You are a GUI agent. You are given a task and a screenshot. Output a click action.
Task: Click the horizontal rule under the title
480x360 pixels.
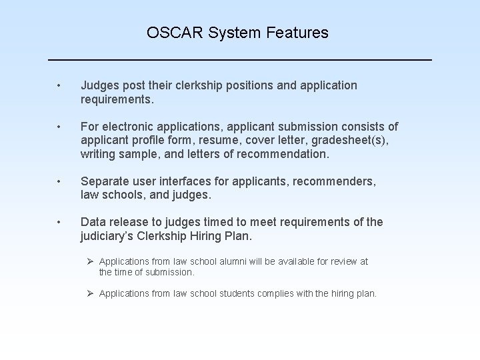[240, 60]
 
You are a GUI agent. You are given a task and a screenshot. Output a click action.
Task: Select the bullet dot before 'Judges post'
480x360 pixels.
[59, 85]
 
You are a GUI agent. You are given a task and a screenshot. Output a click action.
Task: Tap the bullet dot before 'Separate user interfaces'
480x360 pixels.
[59, 181]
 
